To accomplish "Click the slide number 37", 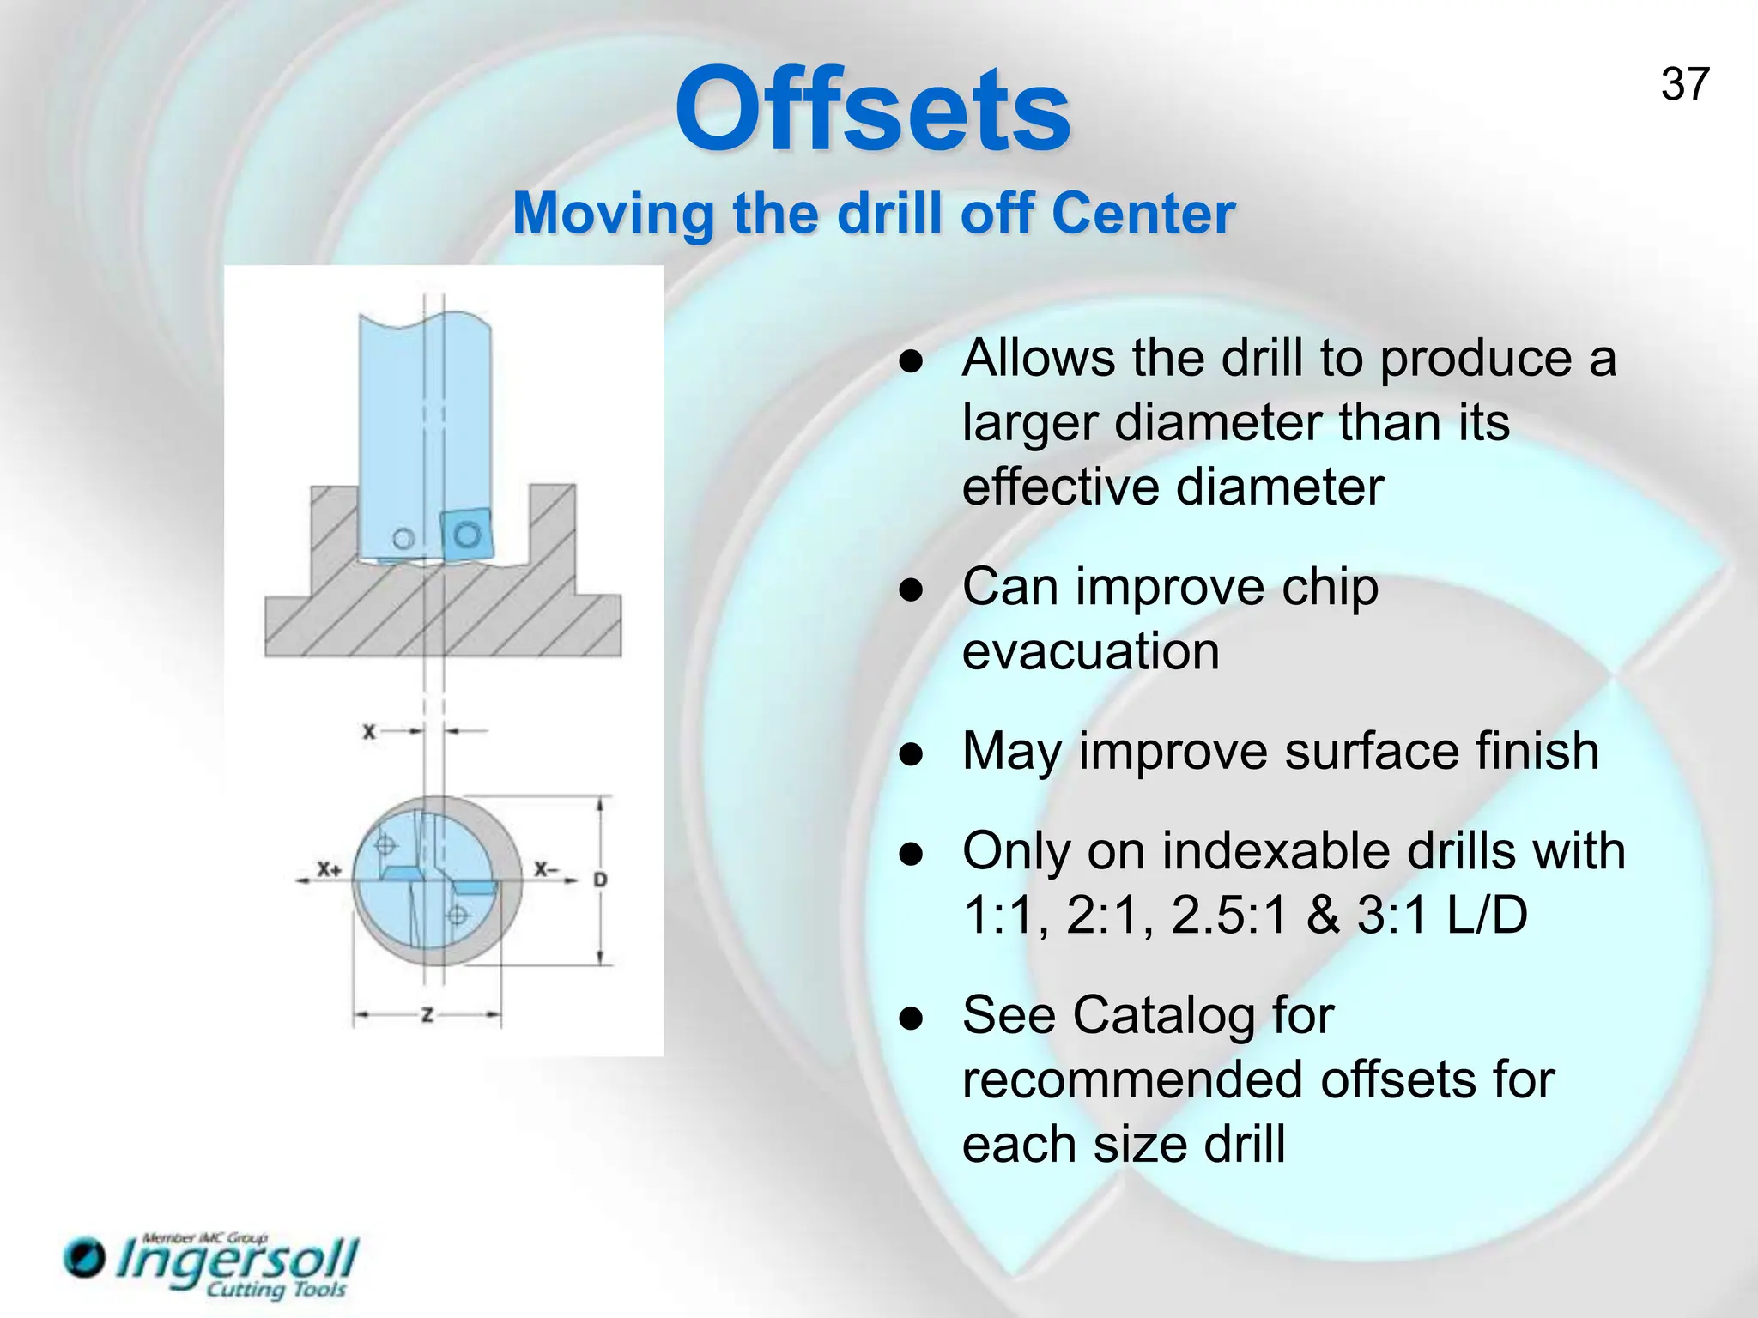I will pos(1685,85).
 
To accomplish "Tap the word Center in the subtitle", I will pos(1143,213).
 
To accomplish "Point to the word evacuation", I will pos(1090,650).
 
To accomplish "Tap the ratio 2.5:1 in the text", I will pos(1229,915).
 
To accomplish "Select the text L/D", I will pos(1487,915).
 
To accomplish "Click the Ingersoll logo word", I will pos(236,1261).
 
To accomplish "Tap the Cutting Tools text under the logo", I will pos(276,1290).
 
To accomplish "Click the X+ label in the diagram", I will pos(329,869).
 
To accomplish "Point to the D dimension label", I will pos(600,880).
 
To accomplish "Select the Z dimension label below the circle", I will pos(427,1016).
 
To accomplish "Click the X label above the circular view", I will pos(368,732).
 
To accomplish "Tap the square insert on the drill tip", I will pos(467,535).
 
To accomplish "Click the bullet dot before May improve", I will pos(911,754).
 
